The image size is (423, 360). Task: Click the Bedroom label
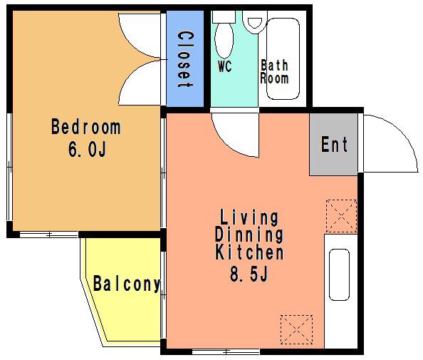pos(85,127)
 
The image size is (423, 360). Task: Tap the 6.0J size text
pos(87,150)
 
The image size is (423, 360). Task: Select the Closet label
pos(185,59)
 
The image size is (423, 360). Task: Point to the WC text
pos(225,66)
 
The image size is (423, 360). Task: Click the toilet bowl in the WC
pos(224,40)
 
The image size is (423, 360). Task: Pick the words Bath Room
pos(274,72)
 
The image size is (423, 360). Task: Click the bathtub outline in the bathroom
pos(283,58)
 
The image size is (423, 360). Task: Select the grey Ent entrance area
pos(333,144)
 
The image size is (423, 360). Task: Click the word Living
pos(249,217)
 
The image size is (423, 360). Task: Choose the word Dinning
pos(249,235)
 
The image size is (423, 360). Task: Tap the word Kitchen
pos(249,252)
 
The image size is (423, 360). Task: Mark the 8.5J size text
pos(249,274)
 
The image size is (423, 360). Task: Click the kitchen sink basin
pos(340,274)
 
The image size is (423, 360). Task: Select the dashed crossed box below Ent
pos(341,216)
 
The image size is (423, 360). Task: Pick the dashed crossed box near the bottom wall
pos(296,329)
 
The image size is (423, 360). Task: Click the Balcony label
pos(127,284)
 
